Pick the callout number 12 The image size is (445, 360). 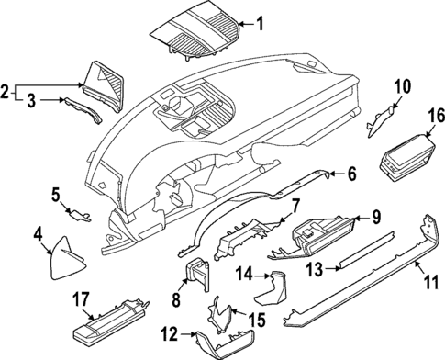(351, 173)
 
